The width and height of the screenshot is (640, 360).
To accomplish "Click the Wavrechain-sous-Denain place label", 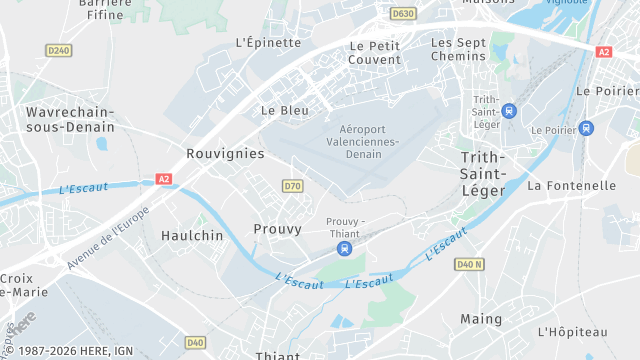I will pos(70,119).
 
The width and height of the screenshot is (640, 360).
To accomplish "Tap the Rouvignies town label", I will pos(225,154).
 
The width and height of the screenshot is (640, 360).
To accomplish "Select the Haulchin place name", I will pos(189,236).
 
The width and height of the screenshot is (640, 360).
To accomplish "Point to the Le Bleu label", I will pos(285,110).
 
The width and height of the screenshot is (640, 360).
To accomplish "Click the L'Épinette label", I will pos(268,43).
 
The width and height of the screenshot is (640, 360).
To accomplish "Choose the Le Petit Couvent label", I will pos(375,52).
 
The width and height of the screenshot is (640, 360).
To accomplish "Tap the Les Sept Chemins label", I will pos(458,49).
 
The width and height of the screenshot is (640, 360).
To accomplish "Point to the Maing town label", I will pos(481,319).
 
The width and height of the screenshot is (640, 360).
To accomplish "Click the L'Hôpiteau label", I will pos(572,331).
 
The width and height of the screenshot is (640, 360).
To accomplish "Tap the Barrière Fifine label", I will pos(105,9).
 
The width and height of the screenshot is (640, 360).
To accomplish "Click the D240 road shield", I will pos(59,50).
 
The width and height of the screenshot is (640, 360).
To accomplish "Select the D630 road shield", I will pos(403,14).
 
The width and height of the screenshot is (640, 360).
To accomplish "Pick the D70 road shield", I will pos(292,186).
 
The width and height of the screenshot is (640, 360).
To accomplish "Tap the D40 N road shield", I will pos(468,264).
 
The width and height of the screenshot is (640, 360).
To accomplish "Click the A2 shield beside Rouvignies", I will pos(164,179).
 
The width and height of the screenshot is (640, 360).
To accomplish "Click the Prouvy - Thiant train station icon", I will pos(345,248).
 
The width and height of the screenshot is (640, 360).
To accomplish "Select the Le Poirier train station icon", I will pos(586,129).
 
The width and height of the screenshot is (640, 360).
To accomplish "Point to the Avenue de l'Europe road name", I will pos(107,237).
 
